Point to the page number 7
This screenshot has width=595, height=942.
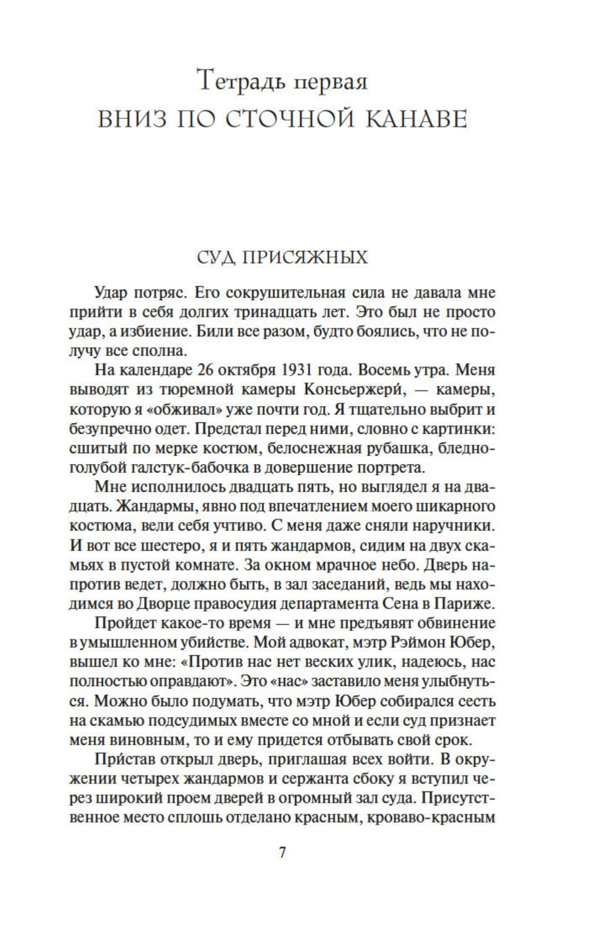pyautogui.click(x=282, y=853)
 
